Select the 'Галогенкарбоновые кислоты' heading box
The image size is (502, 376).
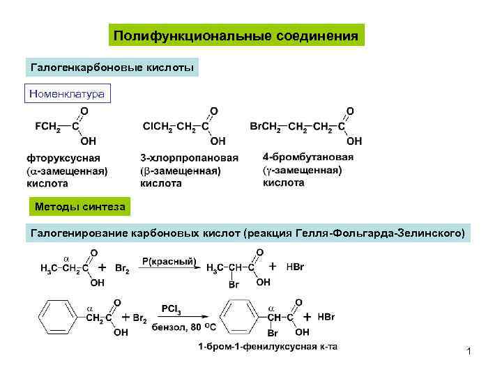(112, 68)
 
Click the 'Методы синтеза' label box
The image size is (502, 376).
(79, 206)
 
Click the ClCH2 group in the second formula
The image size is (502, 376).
(158, 126)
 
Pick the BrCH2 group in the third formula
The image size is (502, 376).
(265, 126)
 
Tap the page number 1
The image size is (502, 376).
(469, 352)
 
